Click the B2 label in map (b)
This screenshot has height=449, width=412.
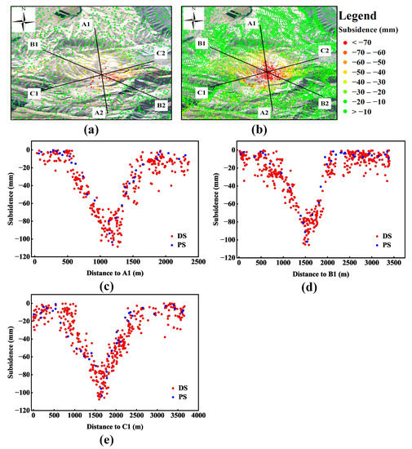pos(324,104)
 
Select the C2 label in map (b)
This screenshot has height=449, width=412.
pos(324,51)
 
